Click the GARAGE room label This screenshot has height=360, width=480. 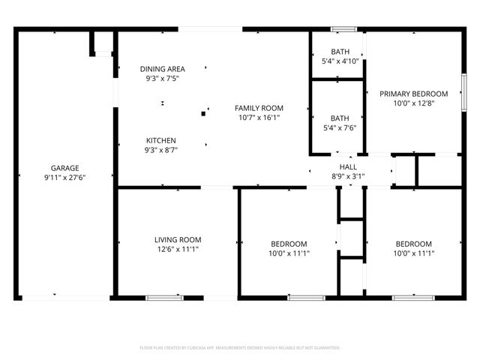65,168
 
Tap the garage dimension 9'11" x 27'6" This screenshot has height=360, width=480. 65,178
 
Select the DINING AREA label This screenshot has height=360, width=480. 162,69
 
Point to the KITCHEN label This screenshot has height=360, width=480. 161,140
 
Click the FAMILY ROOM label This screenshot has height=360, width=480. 259,108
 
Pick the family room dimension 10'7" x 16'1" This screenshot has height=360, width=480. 259,118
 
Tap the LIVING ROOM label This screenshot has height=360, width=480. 178,240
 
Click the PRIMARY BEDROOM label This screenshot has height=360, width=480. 413,94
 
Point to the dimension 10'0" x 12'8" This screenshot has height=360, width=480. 413,103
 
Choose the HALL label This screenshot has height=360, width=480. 348,166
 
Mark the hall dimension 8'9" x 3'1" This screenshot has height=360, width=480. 348,176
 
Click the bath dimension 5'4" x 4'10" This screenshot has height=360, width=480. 340,61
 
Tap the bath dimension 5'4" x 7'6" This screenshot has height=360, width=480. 340,127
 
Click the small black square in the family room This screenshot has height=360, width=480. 202,114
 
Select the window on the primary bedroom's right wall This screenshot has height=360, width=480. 464,92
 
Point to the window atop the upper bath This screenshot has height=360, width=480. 344,29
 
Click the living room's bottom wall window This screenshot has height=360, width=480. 164,298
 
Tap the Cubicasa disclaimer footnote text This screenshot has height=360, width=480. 240,348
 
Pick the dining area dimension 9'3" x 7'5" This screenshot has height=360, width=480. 162,78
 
